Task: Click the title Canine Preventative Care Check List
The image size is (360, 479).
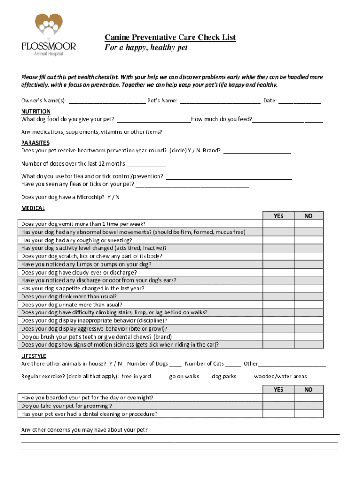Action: click(x=170, y=37)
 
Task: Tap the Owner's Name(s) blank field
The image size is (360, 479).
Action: click(x=107, y=101)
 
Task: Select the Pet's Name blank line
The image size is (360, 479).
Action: click(x=220, y=101)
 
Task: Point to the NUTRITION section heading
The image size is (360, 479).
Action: click(x=36, y=111)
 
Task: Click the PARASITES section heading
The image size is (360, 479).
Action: click(x=35, y=143)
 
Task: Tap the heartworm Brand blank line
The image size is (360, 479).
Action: click(x=257, y=151)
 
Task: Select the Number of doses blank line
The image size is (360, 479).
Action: click(x=146, y=164)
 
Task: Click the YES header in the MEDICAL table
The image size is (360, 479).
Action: click(x=278, y=216)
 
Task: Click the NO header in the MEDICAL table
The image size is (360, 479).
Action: click(x=308, y=216)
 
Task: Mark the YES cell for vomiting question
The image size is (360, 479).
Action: click(x=278, y=224)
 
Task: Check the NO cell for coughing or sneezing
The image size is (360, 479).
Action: click(x=308, y=240)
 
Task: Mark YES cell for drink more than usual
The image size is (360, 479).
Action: click(x=278, y=297)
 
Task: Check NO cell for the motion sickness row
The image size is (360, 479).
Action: click(x=308, y=345)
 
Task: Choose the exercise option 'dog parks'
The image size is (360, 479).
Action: click(x=224, y=376)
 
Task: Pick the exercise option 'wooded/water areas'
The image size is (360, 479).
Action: click(x=280, y=376)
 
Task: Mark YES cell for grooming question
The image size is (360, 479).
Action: click(x=278, y=406)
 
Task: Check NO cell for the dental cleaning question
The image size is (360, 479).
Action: click(x=308, y=414)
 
